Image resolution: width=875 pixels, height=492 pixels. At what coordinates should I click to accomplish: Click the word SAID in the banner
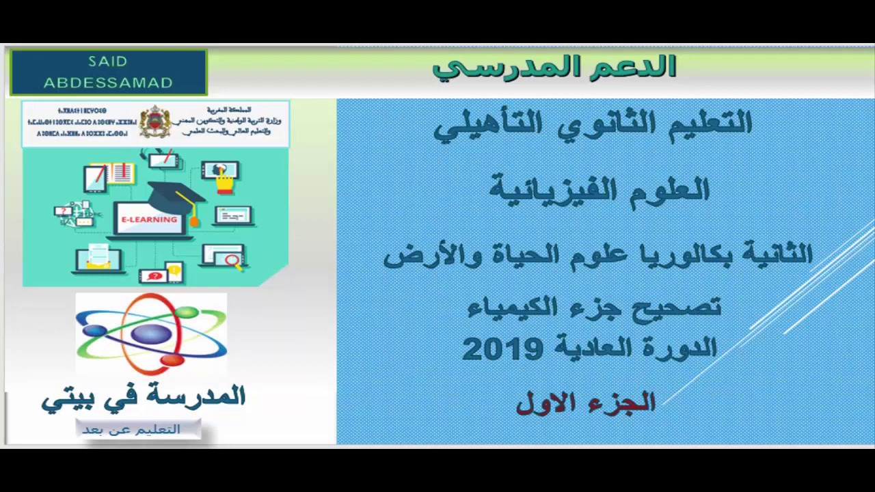pyautogui.click(x=108, y=61)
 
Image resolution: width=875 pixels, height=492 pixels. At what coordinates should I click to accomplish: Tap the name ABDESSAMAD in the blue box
pyautogui.click(x=108, y=83)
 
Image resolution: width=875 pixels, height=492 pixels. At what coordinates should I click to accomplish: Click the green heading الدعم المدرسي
pyautogui.click(x=554, y=67)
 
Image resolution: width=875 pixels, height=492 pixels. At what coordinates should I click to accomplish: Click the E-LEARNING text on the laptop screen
pyautogui.click(x=149, y=219)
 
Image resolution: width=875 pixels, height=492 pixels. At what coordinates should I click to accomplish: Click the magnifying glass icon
pyautogui.click(x=232, y=260)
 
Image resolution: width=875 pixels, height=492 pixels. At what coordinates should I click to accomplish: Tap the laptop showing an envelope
pyautogui.click(x=98, y=259)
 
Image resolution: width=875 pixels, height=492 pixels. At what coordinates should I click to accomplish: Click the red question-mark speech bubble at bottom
pyautogui.click(x=154, y=276)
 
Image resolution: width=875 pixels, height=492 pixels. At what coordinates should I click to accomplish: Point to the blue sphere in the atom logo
pyautogui.click(x=152, y=334)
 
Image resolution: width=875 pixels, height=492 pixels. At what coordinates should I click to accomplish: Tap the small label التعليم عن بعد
pyautogui.click(x=131, y=430)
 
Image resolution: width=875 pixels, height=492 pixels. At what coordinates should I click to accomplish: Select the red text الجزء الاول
pyautogui.click(x=586, y=403)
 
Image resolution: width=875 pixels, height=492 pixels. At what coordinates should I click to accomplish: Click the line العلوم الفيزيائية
pyautogui.click(x=600, y=190)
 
